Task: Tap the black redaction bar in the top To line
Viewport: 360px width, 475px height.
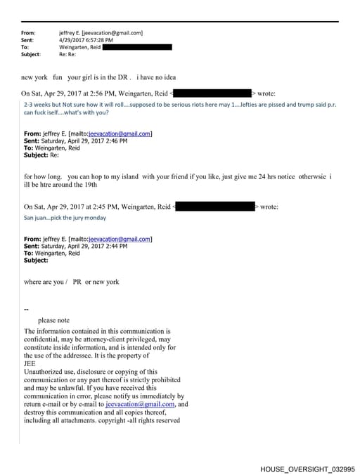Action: (138, 47)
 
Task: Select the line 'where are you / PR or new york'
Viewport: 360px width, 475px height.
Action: (71, 282)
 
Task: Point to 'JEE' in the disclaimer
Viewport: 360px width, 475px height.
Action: (30, 363)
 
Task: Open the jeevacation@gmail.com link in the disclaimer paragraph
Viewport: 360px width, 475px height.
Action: (140, 404)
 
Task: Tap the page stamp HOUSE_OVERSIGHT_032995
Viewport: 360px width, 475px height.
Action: (307, 469)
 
